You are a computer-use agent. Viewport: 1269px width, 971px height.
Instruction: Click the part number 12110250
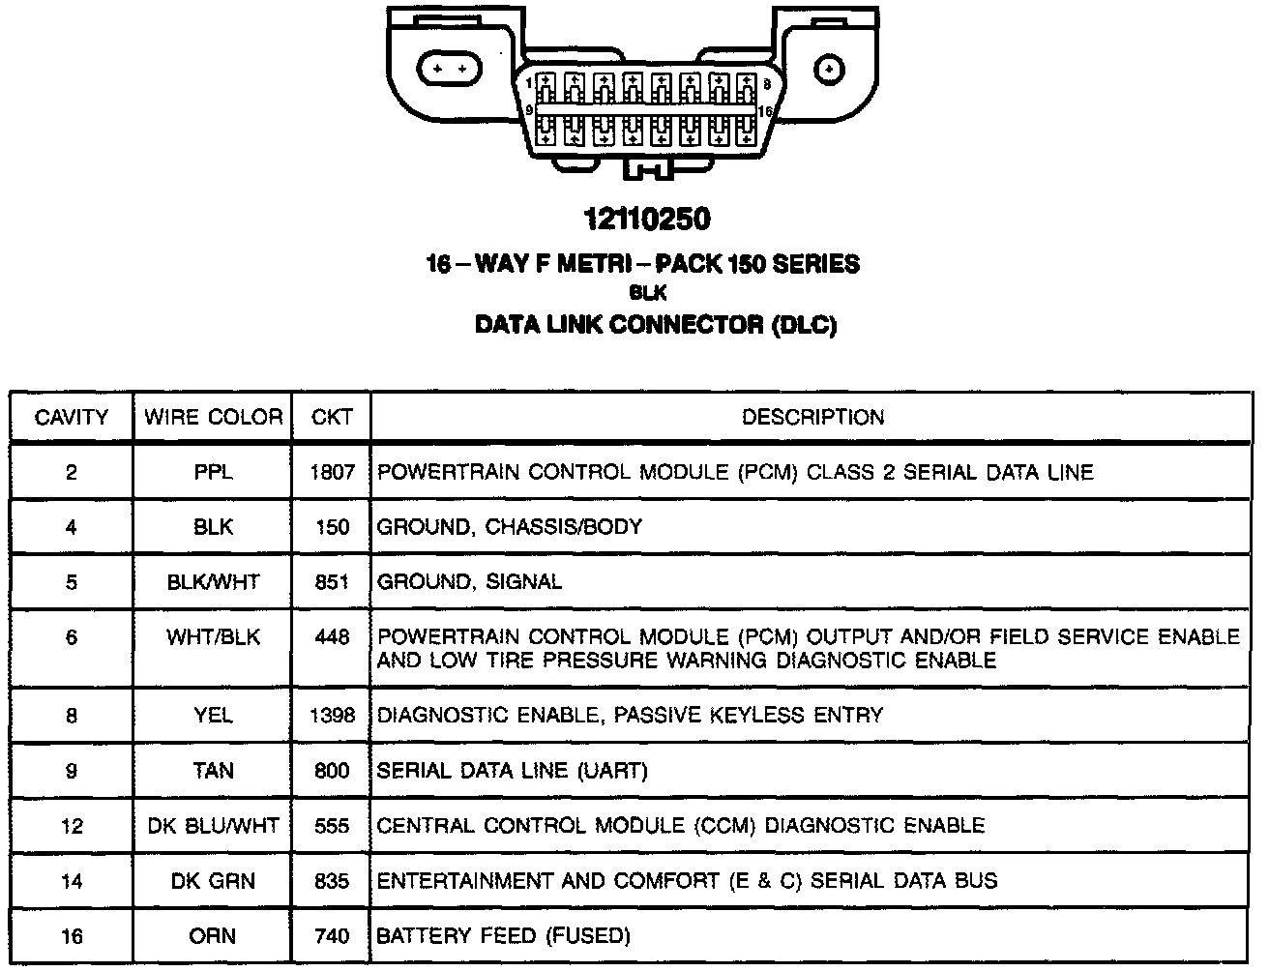pos(647,220)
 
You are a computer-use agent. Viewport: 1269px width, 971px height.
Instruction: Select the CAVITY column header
pos(72,417)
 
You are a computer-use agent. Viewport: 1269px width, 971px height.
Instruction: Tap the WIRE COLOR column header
pos(213,417)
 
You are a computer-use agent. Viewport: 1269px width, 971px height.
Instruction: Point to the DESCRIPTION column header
pos(812,417)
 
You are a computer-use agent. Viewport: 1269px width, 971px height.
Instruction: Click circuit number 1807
pos(332,472)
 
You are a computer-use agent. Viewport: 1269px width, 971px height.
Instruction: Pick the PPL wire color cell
pos(213,472)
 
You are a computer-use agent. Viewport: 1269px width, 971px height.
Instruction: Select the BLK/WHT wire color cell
pos(213,582)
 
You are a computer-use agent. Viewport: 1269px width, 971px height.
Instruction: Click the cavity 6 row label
pos(72,637)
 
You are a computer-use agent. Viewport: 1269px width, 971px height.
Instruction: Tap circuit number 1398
pos(332,716)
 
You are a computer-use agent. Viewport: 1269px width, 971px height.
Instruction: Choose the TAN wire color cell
pos(213,771)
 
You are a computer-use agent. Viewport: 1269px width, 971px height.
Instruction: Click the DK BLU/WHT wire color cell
pos(213,826)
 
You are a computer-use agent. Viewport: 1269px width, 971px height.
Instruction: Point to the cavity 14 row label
pos(72,881)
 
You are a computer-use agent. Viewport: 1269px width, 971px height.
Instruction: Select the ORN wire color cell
pos(213,936)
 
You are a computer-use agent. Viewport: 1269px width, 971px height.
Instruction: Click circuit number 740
pos(332,936)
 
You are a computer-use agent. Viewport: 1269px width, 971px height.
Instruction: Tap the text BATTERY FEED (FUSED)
pos(503,936)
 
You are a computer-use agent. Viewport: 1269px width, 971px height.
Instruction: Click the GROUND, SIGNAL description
pos(469,582)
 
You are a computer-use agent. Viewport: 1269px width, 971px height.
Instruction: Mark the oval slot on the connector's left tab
pos(448,70)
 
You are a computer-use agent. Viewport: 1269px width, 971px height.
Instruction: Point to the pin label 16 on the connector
pos(765,111)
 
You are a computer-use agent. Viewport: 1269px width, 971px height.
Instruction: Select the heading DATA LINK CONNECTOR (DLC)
pos(655,325)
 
